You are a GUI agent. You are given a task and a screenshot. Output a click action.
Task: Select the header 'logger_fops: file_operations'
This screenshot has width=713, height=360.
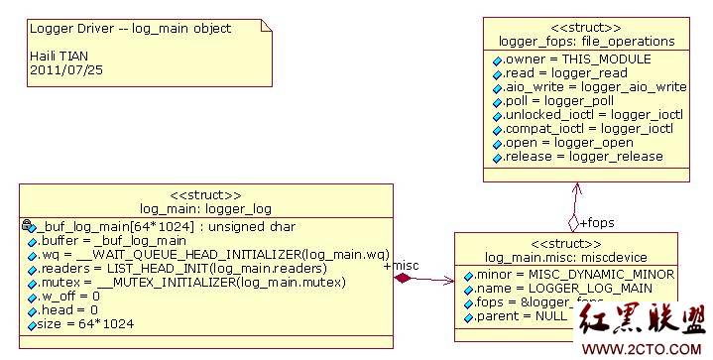pos(587,42)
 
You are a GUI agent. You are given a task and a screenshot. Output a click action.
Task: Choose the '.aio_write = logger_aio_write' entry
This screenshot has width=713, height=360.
pos(589,87)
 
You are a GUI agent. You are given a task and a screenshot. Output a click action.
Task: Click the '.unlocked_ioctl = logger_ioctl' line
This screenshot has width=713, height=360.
pos(588,115)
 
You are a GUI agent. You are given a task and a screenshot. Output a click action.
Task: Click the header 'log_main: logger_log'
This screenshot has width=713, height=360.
pos(205,209)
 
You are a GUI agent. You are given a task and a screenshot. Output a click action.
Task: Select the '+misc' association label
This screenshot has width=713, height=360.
pos(401,266)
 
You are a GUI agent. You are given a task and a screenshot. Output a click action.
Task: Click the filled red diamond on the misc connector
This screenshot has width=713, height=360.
pos(403,280)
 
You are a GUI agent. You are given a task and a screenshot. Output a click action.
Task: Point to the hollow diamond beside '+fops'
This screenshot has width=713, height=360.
pos(572,222)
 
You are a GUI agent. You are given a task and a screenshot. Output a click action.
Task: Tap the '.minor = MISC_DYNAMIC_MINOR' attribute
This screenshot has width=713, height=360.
pos(575,274)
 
